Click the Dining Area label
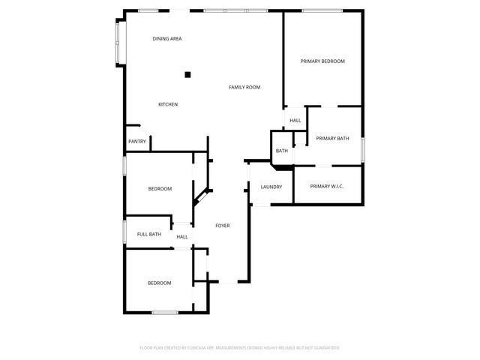[x=167, y=39]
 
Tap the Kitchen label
[x=168, y=104]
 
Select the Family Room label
[x=244, y=88]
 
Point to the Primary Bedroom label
[x=322, y=61]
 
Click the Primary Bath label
[x=332, y=139]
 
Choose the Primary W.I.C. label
[x=326, y=187]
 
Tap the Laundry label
[x=271, y=187]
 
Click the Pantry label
[x=137, y=142]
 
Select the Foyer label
[x=223, y=226]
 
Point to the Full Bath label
[x=148, y=235]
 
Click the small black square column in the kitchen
[x=188, y=74]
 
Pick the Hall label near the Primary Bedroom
[x=295, y=121]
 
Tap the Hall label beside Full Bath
[x=182, y=238]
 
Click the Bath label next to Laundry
[x=281, y=151]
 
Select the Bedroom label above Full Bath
[x=160, y=189]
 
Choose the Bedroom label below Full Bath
[x=160, y=283]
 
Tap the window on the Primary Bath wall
[x=362, y=148]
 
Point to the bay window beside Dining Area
[x=117, y=42]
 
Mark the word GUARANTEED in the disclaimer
[x=326, y=348]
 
